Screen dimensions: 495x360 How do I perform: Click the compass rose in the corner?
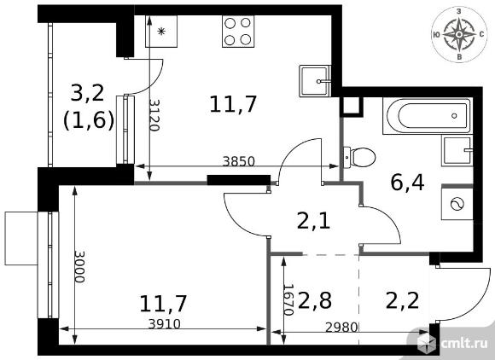click(x=459, y=35)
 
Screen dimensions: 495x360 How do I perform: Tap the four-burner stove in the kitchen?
click(x=238, y=32)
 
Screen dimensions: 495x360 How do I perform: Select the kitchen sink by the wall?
click(x=315, y=81)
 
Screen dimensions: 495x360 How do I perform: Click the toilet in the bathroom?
click(x=359, y=157)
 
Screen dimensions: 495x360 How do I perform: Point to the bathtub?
click(x=428, y=116)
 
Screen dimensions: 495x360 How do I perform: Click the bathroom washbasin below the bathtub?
click(x=457, y=151)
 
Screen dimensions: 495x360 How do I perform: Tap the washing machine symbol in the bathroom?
click(x=457, y=204)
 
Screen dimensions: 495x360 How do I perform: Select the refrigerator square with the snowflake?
click(x=161, y=32)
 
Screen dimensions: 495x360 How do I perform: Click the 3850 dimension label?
click(x=238, y=162)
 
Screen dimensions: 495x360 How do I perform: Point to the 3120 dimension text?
click(x=154, y=115)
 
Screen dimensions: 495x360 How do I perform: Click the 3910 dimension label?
click(x=164, y=324)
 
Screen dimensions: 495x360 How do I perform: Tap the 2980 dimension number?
click(x=341, y=328)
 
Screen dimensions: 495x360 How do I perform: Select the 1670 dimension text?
click(x=288, y=300)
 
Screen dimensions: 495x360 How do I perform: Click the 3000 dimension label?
click(x=79, y=267)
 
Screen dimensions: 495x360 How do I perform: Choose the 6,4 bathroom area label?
click(x=407, y=183)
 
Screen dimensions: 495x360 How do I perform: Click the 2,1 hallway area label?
click(x=314, y=221)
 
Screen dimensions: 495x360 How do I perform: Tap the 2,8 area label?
click(x=315, y=300)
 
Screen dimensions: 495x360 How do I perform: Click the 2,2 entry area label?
click(x=403, y=300)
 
